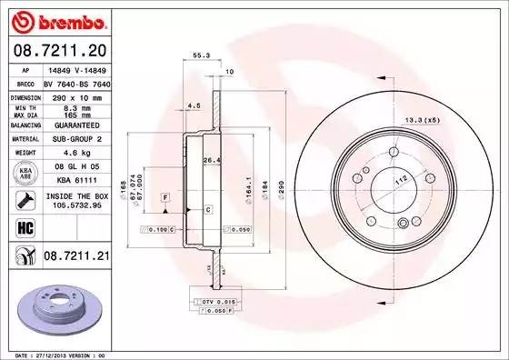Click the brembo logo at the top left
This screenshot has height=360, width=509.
pyautogui.click(x=56, y=20)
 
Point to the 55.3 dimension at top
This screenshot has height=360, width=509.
pyautogui.click(x=199, y=56)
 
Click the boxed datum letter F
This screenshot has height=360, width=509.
pyautogui.click(x=165, y=196)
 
